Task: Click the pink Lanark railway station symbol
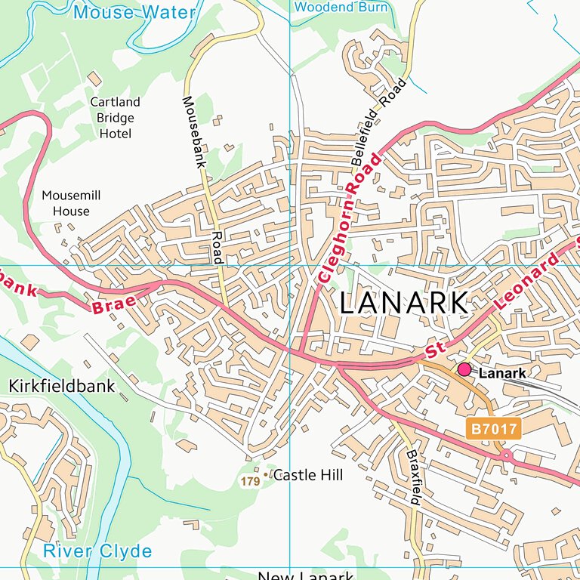[464, 369]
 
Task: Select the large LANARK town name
[403, 303]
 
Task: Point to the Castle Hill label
[307, 475]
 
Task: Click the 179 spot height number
[249, 481]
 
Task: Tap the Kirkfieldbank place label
[62, 386]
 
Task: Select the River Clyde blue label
[97, 551]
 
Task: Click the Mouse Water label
[134, 12]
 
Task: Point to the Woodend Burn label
[341, 8]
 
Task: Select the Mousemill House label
[71, 203]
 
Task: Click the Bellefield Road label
[378, 122]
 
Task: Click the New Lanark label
[306, 575]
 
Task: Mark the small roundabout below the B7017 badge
[505, 455]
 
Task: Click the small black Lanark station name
[502, 373]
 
